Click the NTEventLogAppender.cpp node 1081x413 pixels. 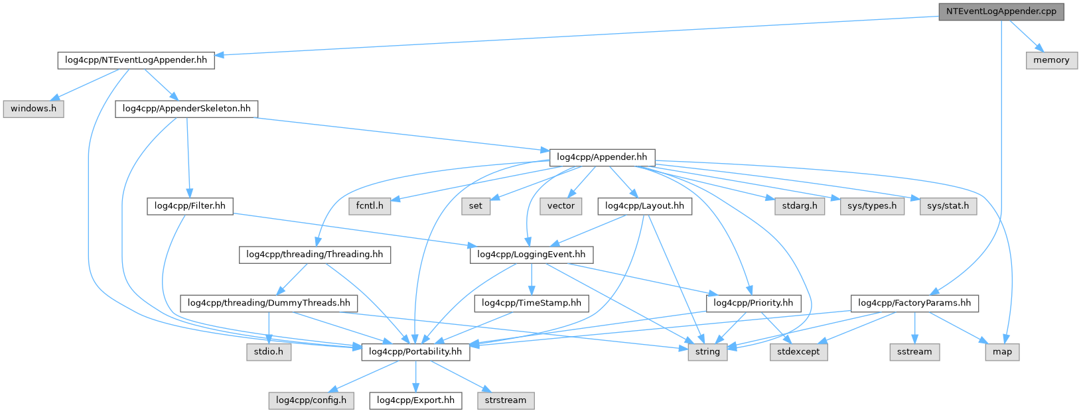(1001, 11)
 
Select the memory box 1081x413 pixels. (1051, 60)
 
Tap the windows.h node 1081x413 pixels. (33, 109)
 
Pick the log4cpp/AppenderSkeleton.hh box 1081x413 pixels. (186, 109)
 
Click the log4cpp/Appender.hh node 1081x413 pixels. (602, 158)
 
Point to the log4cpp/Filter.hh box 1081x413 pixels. (190, 206)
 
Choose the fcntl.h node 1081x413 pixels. (370, 206)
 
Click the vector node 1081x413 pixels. (561, 206)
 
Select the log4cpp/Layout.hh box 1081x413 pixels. (644, 206)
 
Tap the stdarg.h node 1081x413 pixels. (799, 206)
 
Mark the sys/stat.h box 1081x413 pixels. (948, 206)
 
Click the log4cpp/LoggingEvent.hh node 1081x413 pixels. (531, 255)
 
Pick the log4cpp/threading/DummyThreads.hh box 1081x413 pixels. (269, 304)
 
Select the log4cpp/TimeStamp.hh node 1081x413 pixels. (531, 304)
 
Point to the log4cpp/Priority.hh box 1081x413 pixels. (753, 304)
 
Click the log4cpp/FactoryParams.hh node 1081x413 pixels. (914, 304)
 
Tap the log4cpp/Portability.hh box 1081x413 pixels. (415, 352)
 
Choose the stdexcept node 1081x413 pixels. (798, 352)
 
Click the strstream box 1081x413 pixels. (505, 400)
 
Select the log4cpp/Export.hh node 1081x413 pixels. (415, 400)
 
